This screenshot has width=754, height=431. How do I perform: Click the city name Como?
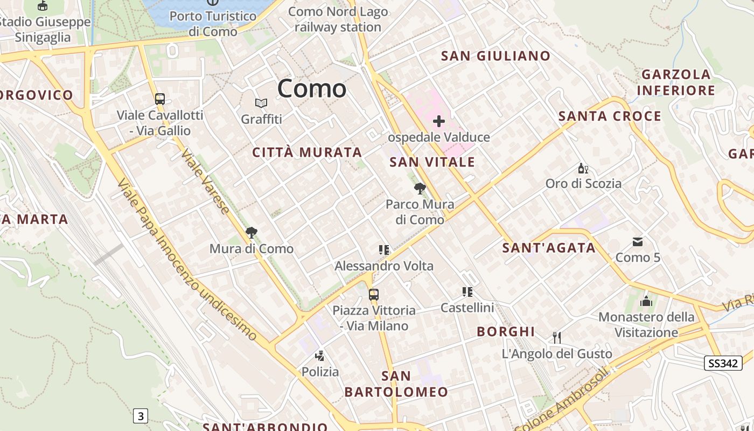[x=312, y=88]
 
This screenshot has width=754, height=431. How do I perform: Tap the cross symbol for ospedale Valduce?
[x=439, y=121]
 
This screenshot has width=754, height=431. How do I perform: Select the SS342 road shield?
[x=723, y=363]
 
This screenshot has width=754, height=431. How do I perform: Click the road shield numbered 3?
[x=141, y=416]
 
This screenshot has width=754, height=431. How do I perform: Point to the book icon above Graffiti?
[x=261, y=103]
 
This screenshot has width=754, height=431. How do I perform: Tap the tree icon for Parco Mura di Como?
[x=420, y=188]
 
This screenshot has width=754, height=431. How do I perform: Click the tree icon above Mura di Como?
[x=251, y=233]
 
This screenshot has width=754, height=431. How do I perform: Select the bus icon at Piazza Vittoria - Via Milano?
[x=374, y=295]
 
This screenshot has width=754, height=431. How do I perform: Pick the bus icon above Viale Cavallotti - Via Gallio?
[x=160, y=99]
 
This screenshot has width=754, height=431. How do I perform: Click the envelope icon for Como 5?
[x=638, y=242]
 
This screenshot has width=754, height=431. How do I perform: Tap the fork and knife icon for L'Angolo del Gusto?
[x=557, y=338]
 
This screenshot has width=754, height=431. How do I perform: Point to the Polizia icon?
[x=320, y=356]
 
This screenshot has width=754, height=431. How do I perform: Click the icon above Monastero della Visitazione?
[x=646, y=301]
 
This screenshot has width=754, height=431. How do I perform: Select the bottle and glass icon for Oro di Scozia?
[x=582, y=168]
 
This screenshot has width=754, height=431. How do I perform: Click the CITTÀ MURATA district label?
[x=307, y=152]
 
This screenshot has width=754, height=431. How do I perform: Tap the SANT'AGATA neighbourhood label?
[x=549, y=248]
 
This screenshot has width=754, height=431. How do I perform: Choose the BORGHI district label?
[x=506, y=331]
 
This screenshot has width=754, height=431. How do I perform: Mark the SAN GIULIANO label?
[x=495, y=56]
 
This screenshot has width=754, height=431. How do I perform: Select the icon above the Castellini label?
[x=467, y=292]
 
